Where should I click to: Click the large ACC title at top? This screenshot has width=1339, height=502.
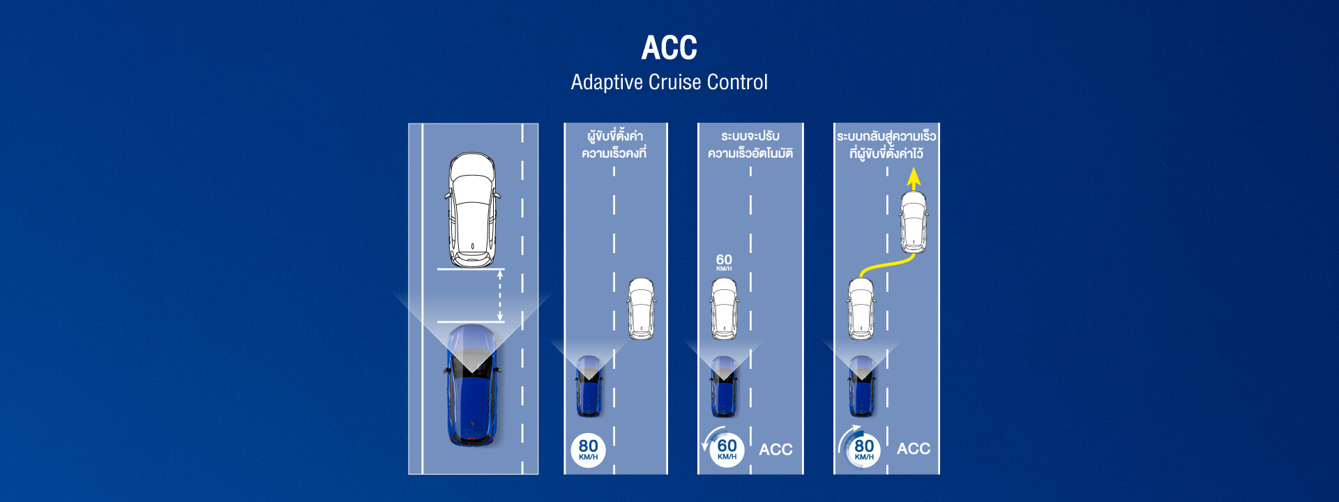click(669, 48)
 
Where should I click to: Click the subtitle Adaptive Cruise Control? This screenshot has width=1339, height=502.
click(669, 82)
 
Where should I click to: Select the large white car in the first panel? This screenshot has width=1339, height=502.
click(472, 209)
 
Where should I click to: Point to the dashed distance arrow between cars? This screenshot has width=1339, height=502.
click(499, 296)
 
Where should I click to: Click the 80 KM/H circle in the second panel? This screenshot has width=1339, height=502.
click(588, 450)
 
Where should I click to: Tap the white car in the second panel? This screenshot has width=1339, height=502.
click(641, 309)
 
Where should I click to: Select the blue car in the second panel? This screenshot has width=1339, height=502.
click(589, 386)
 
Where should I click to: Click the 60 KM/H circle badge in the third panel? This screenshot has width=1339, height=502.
click(727, 449)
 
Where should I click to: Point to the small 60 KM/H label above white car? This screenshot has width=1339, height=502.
click(724, 261)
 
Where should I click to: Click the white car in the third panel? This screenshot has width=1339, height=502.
click(724, 309)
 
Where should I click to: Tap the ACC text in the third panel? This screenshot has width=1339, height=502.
click(776, 450)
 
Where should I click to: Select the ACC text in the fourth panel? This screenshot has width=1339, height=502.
click(914, 449)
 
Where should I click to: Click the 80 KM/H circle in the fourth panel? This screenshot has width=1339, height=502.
click(863, 449)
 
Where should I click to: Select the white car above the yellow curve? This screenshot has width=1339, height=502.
click(914, 222)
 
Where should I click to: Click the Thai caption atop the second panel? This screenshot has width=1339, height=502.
click(614, 144)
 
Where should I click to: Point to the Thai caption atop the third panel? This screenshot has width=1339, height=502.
click(750, 144)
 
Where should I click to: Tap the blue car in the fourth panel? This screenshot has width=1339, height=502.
click(862, 386)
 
